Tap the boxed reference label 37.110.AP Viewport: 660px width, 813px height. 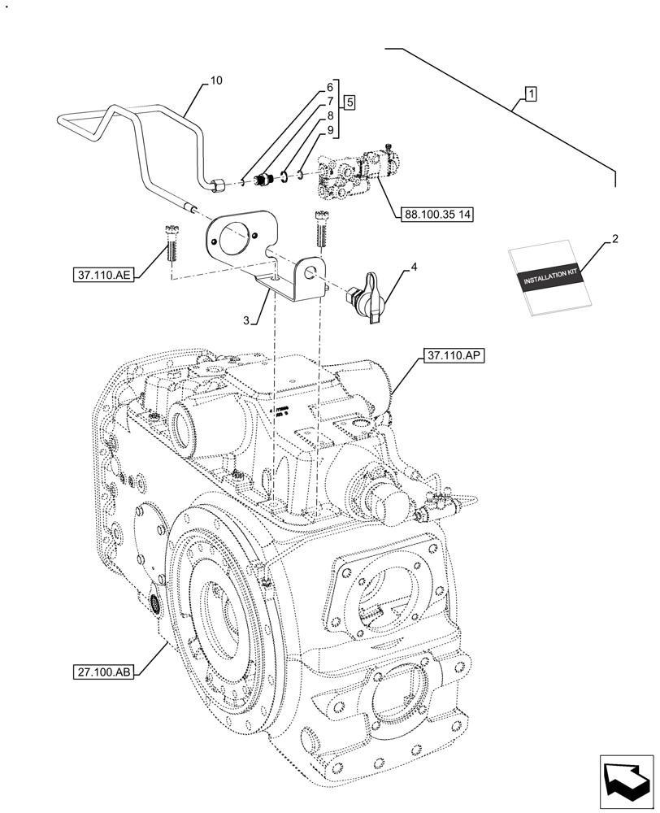pyautogui.click(x=452, y=356)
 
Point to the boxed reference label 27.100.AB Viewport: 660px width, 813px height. pyautogui.click(x=102, y=672)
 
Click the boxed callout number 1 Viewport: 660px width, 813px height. pyautogui.click(x=529, y=95)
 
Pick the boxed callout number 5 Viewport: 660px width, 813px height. pyautogui.click(x=349, y=102)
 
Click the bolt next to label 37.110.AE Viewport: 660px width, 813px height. pyautogui.click(x=171, y=242)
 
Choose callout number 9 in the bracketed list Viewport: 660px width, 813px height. pyautogui.click(x=330, y=131)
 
